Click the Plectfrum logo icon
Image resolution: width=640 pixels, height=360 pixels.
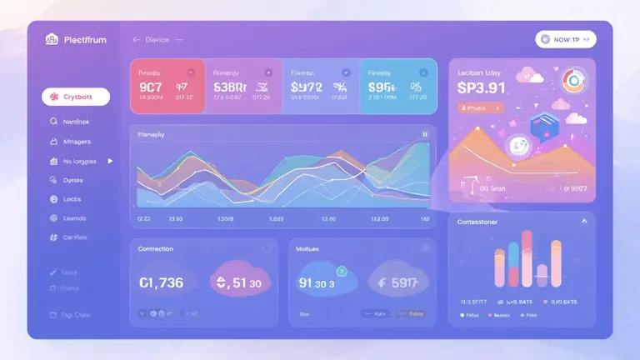[52, 39]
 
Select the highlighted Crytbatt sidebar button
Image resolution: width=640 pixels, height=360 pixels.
[75, 97]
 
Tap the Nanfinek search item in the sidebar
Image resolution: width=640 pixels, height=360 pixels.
[74, 122]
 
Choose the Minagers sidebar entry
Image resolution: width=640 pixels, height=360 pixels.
[76, 142]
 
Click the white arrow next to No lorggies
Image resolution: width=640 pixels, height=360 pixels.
[110, 161]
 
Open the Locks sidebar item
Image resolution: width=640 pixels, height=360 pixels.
[72, 199]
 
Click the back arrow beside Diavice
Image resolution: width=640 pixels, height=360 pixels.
[136, 39]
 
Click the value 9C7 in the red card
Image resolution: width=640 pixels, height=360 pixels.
[151, 86]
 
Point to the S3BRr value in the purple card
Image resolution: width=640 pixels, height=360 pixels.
[229, 86]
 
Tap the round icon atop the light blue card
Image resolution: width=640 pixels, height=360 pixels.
[421, 72]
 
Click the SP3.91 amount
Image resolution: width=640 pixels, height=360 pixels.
[482, 88]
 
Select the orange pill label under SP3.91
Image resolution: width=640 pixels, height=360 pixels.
[481, 107]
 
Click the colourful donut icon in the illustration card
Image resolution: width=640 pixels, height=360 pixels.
[574, 81]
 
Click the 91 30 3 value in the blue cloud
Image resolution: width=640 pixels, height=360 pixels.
[317, 283]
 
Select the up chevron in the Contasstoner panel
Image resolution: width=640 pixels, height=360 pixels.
[584, 222]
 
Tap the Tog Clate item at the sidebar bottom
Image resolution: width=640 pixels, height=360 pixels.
[75, 315]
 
